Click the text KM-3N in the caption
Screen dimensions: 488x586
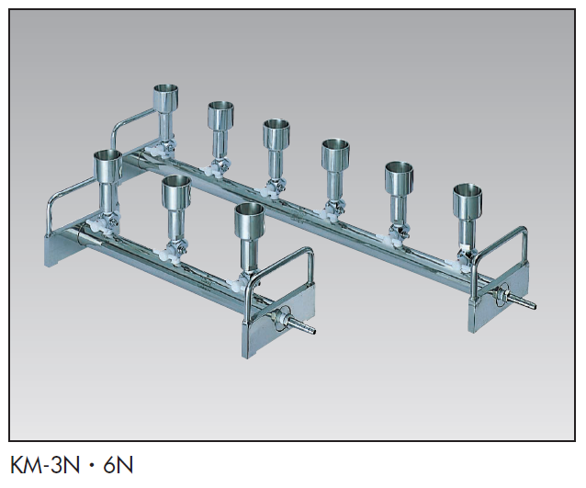(44, 464)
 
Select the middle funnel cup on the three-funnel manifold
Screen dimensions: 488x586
(175, 192)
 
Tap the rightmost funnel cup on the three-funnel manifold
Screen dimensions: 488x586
(249, 221)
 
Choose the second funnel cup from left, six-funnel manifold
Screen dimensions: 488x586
(220, 116)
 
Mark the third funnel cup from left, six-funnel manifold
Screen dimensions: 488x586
(277, 134)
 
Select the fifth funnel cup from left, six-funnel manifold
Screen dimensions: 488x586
(400, 177)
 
